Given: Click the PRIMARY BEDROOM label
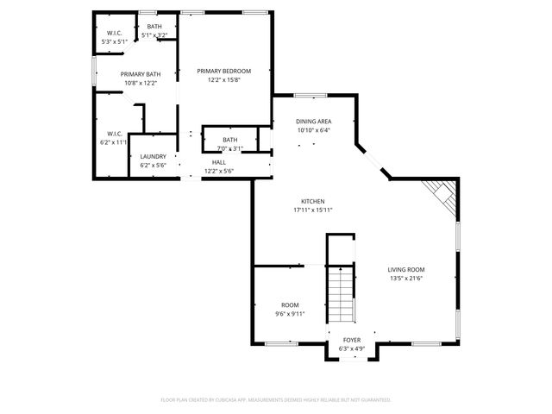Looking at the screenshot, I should (223, 71).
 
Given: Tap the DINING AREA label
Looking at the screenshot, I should (314, 122).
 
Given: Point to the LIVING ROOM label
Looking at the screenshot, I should (405, 269).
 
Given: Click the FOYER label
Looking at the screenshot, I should (352, 340).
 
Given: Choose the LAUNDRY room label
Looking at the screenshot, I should (153, 156).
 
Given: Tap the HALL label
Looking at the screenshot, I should (219, 162).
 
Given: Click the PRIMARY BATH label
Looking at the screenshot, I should (139, 74).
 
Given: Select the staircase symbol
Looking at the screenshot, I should (342, 293).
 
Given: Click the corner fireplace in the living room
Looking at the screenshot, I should (443, 198).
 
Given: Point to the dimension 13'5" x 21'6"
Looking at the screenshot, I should (405, 278).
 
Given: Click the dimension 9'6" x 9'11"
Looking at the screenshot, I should (290, 314).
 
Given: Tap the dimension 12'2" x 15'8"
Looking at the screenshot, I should (223, 79).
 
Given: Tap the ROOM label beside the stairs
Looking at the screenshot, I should (290, 305).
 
